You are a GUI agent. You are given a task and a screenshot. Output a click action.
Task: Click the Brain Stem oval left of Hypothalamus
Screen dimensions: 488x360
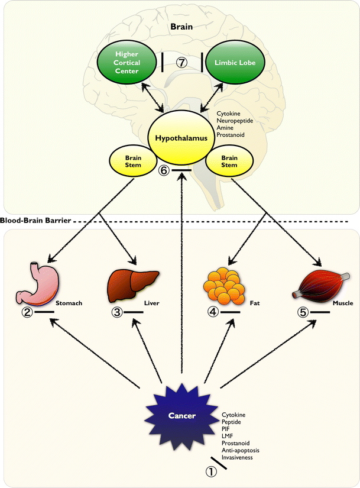coord(132,161)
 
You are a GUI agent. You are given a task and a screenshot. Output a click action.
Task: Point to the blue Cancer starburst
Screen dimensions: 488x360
coord(181,416)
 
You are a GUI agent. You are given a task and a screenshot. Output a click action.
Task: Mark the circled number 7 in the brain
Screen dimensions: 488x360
coord(181,62)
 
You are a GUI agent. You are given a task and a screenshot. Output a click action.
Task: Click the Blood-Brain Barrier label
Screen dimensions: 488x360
coord(36,221)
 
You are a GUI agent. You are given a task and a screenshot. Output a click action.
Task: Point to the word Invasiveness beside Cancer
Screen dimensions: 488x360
coord(239,457)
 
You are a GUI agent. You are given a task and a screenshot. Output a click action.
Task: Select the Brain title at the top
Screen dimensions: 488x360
coord(181,27)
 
